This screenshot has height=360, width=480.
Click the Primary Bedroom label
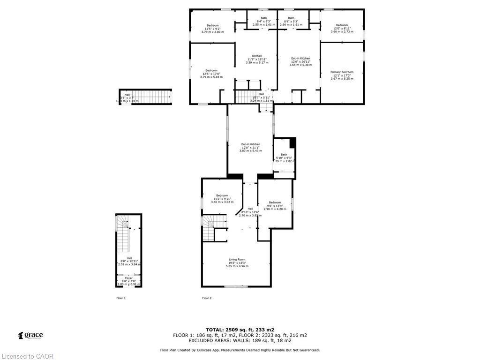[342, 72]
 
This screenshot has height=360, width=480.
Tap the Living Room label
[237, 260]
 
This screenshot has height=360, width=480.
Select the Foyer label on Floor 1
[128, 278]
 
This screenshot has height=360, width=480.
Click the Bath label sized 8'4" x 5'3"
[264, 18]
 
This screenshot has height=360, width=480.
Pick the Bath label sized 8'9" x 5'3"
[291, 18]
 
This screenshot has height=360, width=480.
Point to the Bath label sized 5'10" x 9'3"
[284, 155]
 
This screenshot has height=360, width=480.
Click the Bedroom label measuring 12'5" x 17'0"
[211, 71]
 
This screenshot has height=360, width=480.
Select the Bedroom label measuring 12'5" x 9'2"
[212, 25]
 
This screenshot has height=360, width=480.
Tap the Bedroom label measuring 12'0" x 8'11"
[342, 25]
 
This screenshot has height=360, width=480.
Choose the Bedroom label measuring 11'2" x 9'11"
[222, 195]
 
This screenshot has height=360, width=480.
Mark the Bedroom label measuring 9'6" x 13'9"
[275, 202]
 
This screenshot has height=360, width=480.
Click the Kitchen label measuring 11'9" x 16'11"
[257, 56]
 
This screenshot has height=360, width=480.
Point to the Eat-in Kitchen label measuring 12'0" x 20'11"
[300, 59]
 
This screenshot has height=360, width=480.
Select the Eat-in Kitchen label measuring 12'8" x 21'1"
[251, 144]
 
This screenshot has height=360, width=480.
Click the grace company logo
[30, 335]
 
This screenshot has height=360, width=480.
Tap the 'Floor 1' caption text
[121, 298]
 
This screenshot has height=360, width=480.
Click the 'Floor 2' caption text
[207, 298]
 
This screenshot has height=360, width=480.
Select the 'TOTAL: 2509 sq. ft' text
[240, 330]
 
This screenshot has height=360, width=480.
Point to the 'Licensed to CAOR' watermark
[27, 356]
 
